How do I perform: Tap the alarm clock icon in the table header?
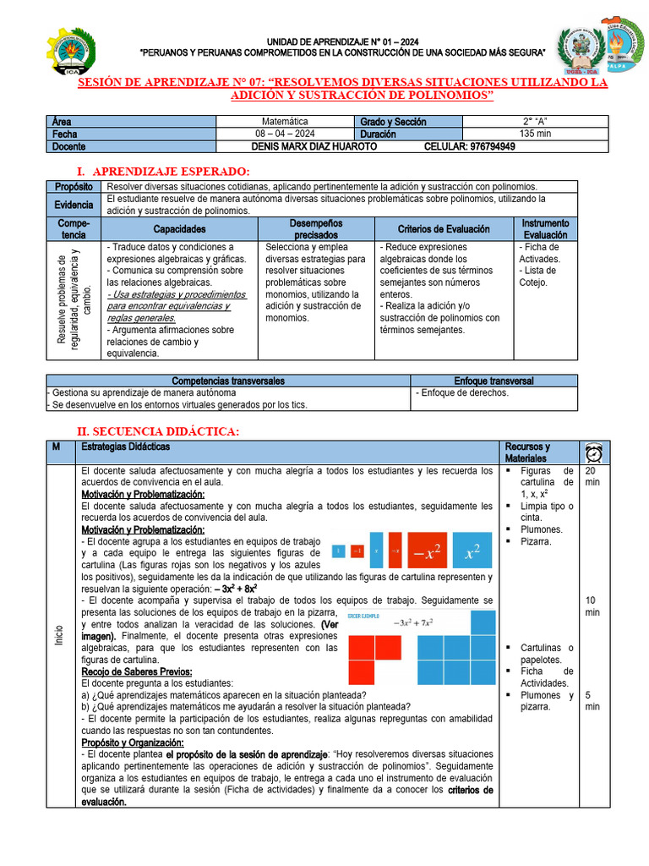593,452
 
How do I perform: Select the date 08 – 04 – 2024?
285,134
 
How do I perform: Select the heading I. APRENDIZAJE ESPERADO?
163,172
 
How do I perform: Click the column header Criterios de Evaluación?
444,229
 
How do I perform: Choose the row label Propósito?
74,187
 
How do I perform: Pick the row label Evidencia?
74,205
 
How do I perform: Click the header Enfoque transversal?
494,381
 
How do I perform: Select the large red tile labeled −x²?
428,553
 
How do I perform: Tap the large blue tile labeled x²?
473,553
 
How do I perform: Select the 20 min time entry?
592,477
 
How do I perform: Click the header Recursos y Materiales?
527,452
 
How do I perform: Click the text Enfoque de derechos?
463,393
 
